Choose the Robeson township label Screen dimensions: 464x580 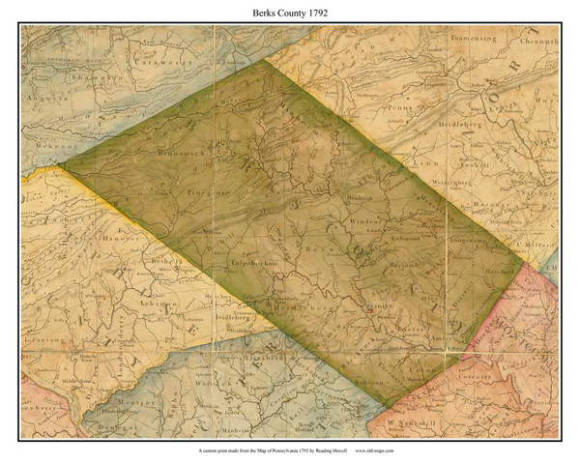click(x=362, y=378)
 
